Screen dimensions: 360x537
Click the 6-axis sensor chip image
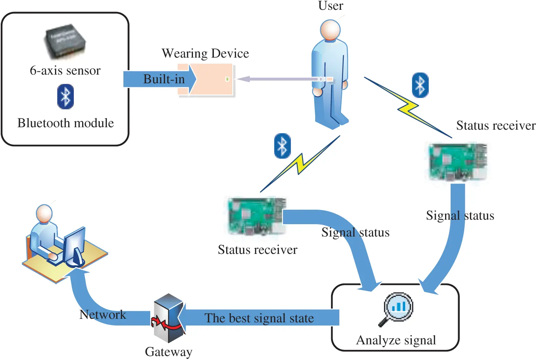[x=65, y=41]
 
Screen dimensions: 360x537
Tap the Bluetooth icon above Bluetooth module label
[x=65, y=97]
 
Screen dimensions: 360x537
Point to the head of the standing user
[x=330, y=30]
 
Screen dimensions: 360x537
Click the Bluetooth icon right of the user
[x=420, y=85]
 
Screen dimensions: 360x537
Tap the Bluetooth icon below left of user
[x=282, y=146]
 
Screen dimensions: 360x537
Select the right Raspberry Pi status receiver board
[x=457, y=162]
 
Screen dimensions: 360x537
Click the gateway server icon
[x=168, y=318]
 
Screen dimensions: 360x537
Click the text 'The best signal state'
[x=259, y=318]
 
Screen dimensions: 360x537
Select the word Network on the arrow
[x=103, y=314]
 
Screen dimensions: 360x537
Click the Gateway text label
[x=168, y=352]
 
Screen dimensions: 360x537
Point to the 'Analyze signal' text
[x=396, y=340]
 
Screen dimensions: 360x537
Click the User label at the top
[x=330, y=6]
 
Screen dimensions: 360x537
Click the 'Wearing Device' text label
[x=205, y=54]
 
